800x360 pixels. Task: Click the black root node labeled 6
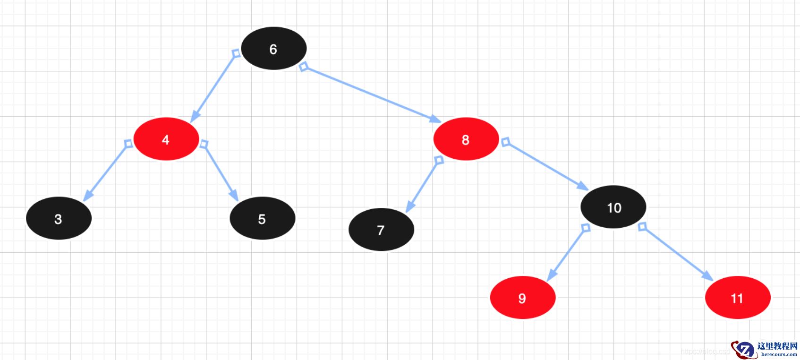[273, 49]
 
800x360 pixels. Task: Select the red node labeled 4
[166, 139]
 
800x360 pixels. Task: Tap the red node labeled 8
[466, 139]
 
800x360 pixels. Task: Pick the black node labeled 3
[59, 219]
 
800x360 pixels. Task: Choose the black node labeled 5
[262, 219]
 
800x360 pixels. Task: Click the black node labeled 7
[381, 230]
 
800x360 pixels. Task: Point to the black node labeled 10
[613, 207]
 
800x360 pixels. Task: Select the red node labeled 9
[522, 298]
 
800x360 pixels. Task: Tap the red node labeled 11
[737, 298]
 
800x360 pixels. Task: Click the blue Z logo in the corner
[744, 350]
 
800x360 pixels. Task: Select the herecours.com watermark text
[779, 354]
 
